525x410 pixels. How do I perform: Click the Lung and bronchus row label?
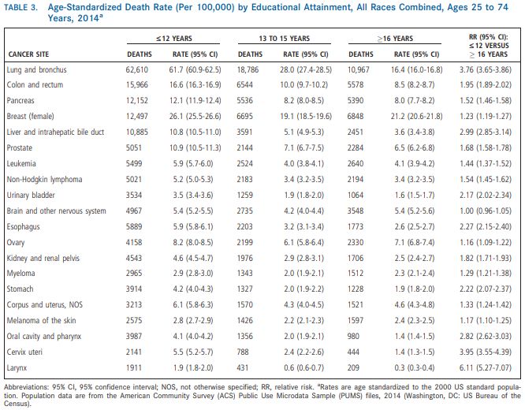tap(36, 69)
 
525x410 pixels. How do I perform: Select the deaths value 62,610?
tap(137, 69)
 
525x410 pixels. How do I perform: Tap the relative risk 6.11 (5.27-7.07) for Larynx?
tap(486, 367)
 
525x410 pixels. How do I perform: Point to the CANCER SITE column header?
tap(28, 54)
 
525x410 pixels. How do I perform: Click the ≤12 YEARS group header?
tap(173, 39)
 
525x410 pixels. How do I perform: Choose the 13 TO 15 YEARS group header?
tap(285, 39)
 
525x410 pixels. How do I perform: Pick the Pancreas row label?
tap(20, 100)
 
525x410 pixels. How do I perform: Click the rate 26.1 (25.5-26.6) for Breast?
tap(195, 116)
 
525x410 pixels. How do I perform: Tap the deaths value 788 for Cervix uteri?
tap(243, 352)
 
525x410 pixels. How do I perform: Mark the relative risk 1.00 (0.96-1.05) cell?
tap(486, 211)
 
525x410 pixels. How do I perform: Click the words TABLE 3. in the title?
tap(20, 7)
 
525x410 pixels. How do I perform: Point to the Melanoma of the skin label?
tap(41, 321)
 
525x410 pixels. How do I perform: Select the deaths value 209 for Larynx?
tap(354, 367)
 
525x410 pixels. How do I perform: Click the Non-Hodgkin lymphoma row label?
tap(44, 180)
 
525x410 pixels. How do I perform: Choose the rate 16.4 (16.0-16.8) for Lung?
tap(416, 69)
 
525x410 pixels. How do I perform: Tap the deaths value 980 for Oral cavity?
tap(354, 337)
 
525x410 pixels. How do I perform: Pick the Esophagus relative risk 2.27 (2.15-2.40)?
tap(486, 227)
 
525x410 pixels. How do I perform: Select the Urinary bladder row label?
tap(31, 196)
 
